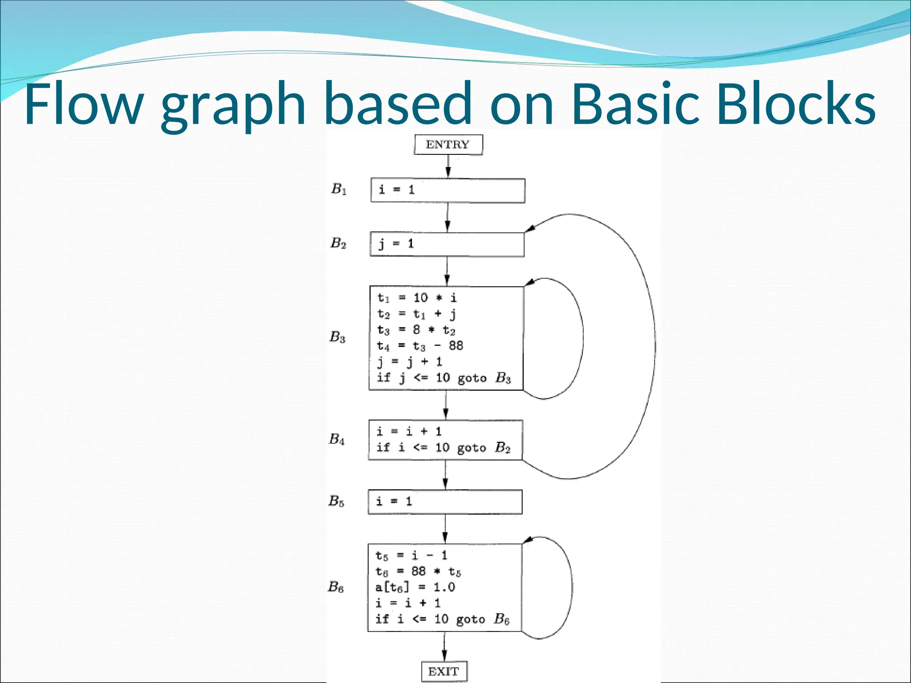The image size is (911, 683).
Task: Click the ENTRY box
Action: (448, 145)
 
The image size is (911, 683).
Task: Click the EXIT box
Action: (444, 671)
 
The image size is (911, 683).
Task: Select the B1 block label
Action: (339, 189)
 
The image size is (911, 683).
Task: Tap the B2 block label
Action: (338, 243)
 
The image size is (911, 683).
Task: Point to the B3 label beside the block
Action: (337, 337)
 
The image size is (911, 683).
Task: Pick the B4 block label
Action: (337, 439)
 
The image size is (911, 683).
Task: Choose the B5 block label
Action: (336, 501)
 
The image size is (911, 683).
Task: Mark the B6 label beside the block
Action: (336, 587)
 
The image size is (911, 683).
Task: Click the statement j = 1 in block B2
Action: (396, 244)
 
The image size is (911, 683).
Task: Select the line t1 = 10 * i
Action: (417, 297)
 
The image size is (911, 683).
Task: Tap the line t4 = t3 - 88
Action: (420, 346)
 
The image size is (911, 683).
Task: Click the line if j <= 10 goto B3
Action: (443, 378)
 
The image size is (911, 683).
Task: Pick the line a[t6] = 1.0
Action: (415, 587)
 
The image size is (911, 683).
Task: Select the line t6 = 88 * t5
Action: (418, 571)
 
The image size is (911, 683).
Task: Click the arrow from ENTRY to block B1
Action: (448, 167)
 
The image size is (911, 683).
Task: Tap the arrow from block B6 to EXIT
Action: (444, 647)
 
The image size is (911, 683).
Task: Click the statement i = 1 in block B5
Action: (394, 502)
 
